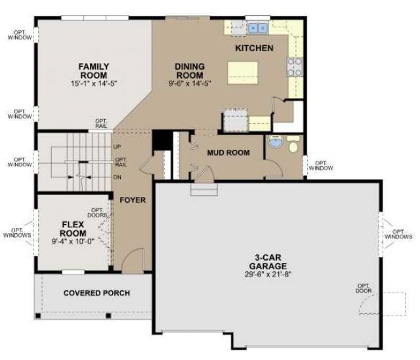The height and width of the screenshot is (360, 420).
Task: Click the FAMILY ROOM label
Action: point(93,71)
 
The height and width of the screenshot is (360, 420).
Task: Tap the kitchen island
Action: point(243,73)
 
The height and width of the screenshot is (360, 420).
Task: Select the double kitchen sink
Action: point(258,28)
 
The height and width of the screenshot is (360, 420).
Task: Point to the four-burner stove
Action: point(295,67)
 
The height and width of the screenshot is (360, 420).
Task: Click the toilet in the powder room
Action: point(293,145)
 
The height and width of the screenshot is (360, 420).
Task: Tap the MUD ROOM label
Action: point(228,153)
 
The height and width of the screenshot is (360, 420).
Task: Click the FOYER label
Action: point(133,200)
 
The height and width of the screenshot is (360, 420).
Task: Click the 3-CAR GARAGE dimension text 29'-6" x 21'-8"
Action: point(268,275)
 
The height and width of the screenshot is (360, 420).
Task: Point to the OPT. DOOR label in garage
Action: point(364,288)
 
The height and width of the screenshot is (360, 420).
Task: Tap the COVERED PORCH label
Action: point(96,293)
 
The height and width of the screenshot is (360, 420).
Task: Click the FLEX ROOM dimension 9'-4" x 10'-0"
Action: point(73,241)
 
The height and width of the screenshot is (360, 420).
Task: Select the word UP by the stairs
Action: point(117,147)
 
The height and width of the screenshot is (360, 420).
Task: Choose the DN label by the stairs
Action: point(117,177)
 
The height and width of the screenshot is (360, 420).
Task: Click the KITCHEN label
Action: point(254,48)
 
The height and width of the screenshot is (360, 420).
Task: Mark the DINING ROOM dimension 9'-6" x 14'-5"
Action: point(190,83)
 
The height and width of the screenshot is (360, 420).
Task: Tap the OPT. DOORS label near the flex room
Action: point(98,213)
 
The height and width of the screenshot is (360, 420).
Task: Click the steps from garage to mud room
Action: point(204,189)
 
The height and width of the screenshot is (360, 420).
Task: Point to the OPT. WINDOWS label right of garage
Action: point(398,235)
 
